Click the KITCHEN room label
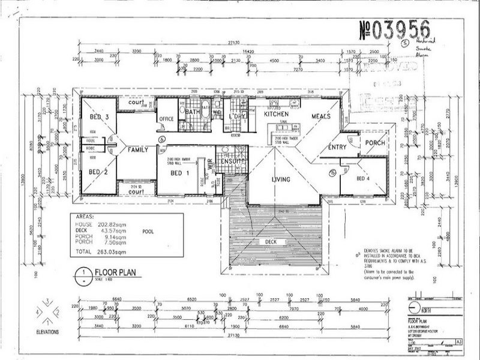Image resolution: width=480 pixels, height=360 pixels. tap(277, 113)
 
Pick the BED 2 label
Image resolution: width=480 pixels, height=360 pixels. tap(99, 172)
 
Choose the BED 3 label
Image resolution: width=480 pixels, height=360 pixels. tap(99, 116)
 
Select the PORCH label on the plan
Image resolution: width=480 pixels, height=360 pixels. tap(374, 143)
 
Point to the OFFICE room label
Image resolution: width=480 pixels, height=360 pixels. tap(166, 119)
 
